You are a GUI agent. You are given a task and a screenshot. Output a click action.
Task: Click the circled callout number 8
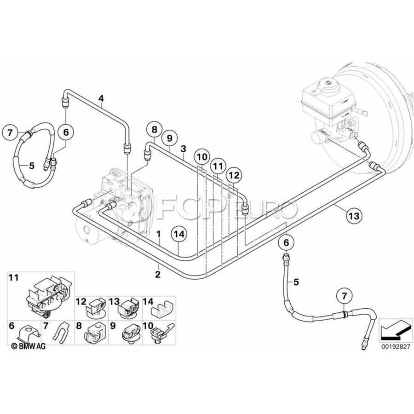pyautogui.click(x=154, y=129)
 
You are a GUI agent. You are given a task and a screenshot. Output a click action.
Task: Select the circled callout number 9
pyautogui.click(x=169, y=137)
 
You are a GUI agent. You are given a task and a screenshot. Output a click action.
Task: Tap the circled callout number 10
pyautogui.click(x=201, y=157)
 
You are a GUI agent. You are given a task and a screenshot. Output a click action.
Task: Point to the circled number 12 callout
pyautogui.click(x=234, y=175)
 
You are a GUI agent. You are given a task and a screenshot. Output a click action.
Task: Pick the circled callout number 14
pyautogui.click(x=180, y=234)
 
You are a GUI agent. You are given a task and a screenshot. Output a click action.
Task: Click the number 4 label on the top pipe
pyautogui.click(x=101, y=98)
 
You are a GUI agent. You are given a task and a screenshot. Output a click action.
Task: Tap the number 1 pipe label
pyautogui.click(x=158, y=234)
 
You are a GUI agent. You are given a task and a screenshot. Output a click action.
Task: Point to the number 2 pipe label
pyautogui.click(x=158, y=275)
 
